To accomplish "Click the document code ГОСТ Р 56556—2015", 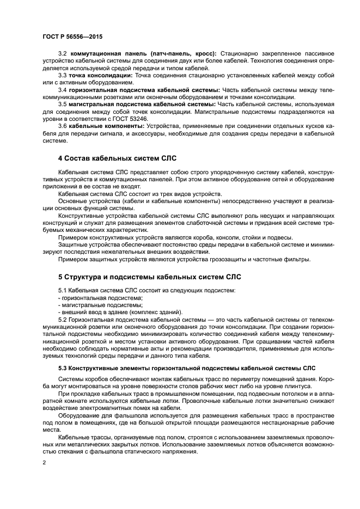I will [72, 36].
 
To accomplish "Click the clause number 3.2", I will [62, 53].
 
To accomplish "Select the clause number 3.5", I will [62, 103].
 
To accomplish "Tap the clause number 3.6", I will [62, 125].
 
